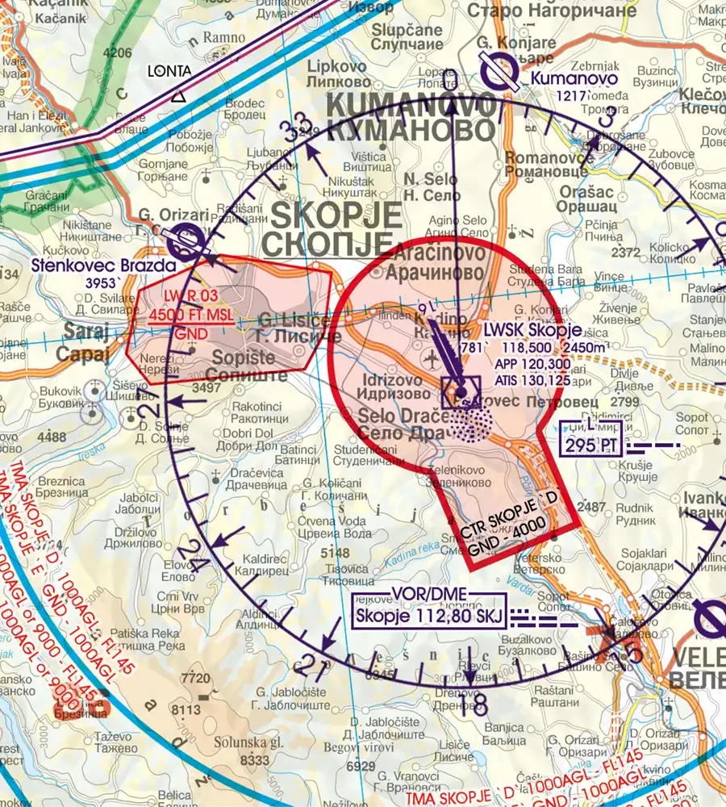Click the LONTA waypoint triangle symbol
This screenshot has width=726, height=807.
click(178, 96)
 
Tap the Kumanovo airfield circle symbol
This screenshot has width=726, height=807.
click(499, 72)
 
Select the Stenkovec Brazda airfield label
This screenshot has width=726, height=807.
click(103, 264)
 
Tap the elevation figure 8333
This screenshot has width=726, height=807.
click(254, 759)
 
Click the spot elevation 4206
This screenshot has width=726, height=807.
click(118, 53)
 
